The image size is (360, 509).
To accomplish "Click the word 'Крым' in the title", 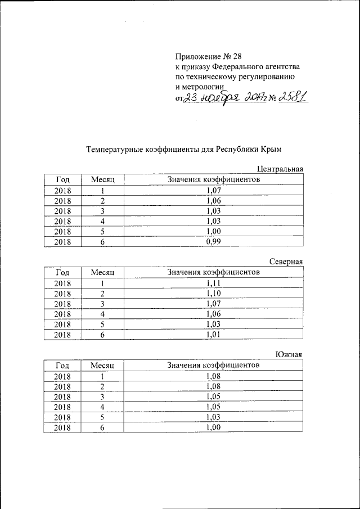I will click(x=269, y=150).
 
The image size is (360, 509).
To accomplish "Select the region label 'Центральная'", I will click(x=280, y=169).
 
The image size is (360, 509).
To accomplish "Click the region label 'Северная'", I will click(x=286, y=262).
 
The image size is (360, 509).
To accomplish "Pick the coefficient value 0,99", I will click(x=214, y=242).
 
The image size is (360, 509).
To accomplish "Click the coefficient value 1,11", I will click(x=214, y=283).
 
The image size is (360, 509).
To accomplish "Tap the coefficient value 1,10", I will click(x=214, y=294).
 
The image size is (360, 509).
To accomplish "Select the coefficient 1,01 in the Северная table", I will click(x=214, y=335).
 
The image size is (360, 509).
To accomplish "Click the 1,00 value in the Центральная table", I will click(x=214, y=231).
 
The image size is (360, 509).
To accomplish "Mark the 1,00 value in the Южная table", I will click(x=214, y=428).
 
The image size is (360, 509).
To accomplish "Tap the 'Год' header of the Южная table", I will click(x=62, y=365).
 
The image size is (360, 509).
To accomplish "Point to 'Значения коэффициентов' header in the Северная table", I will click(x=214, y=272).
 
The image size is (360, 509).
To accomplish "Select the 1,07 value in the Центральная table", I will click(x=214, y=190).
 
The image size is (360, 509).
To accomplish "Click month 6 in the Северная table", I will click(x=103, y=335).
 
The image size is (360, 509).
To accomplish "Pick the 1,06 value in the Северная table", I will click(x=214, y=314).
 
